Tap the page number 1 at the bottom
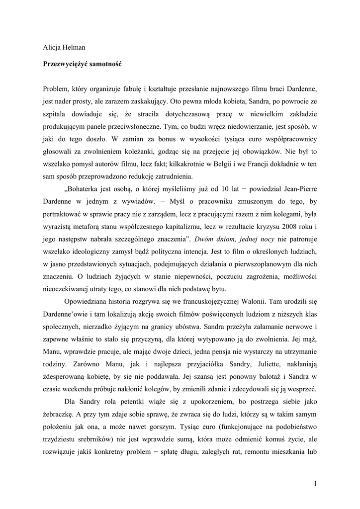tap(315, 483)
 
